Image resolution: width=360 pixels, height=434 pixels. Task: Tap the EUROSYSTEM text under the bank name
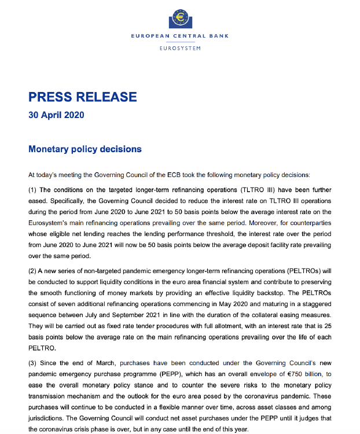[x=180, y=48]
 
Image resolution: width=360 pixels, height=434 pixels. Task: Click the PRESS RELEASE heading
[x=83, y=97]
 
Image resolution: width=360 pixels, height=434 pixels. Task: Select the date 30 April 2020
[x=56, y=115]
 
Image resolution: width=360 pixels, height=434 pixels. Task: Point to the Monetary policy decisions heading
[x=85, y=149]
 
